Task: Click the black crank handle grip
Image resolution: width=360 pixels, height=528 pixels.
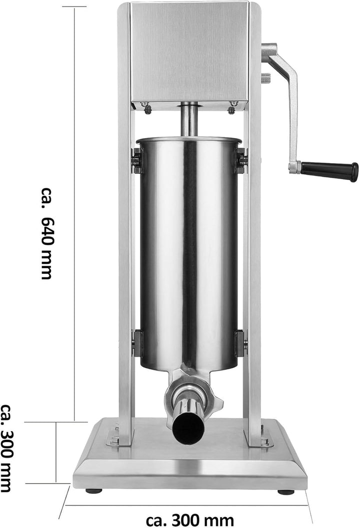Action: click(330, 171)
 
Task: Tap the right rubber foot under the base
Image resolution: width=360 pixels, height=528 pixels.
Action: click(285, 491)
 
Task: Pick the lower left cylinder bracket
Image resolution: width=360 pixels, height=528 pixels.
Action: click(136, 343)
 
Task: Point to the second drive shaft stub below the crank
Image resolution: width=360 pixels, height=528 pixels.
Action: click(265, 78)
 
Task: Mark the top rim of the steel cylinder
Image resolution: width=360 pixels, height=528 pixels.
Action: click(188, 139)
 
